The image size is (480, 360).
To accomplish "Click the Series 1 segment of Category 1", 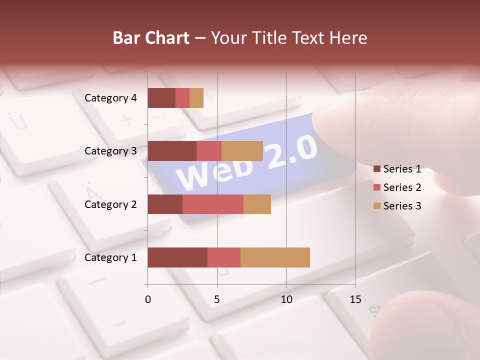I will (177, 257).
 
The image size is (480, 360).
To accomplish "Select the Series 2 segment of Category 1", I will (224, 257).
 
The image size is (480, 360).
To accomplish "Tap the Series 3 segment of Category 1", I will (275, 257).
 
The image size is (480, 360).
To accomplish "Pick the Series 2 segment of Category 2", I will (213, 204).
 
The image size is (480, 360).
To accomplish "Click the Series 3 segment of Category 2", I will (257, 204).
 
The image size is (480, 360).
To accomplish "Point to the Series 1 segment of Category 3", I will (172, 151).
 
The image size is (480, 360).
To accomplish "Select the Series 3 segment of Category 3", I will (242, 151).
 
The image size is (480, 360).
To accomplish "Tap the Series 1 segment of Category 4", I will (161, 98).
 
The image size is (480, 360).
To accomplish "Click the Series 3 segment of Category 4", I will (196, 98).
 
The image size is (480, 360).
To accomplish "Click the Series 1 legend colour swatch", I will (377, 169).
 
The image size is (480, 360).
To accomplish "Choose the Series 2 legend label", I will (402, 187).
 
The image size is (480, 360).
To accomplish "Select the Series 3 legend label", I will (402, 206).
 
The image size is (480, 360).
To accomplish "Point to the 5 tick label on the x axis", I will (217, 299).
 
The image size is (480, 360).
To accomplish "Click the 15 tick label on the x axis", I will (355, 299).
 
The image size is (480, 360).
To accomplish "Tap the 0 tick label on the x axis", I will (148, 299).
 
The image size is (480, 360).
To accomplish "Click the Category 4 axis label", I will (110, 98).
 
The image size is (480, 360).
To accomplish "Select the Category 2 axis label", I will (110, 204).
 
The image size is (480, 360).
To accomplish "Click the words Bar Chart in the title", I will (151, 38).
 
